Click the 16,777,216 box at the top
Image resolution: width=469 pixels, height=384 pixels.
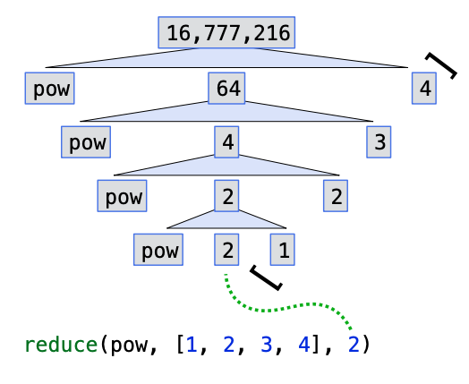click(x=227, y=33)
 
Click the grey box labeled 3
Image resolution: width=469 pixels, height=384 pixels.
click(x=380, y=141)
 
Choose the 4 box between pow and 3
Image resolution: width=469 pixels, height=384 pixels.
click(x=227, y=141)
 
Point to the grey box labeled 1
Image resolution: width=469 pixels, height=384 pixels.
click(x=283, y=251)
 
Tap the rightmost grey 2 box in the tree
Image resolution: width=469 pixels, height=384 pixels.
click(x=336, y=196)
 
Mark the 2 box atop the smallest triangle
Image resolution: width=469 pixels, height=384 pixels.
click(x=227, y=196)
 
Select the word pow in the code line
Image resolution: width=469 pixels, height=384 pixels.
click(x=125, y=344)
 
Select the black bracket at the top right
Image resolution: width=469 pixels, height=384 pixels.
click(x=441, y=65)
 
